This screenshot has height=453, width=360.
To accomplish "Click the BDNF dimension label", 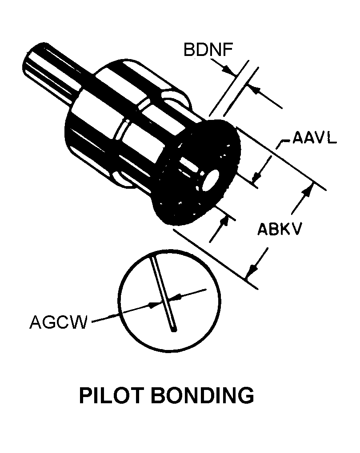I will click(x=208, y=50).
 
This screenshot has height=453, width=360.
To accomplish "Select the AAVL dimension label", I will click(x=314, y=139).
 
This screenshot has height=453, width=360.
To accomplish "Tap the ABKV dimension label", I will click(x=280, y=230).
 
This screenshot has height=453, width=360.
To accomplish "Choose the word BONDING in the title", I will click(x=203, y=395).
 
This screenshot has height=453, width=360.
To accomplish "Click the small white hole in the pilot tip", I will click(x=211, y=180).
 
